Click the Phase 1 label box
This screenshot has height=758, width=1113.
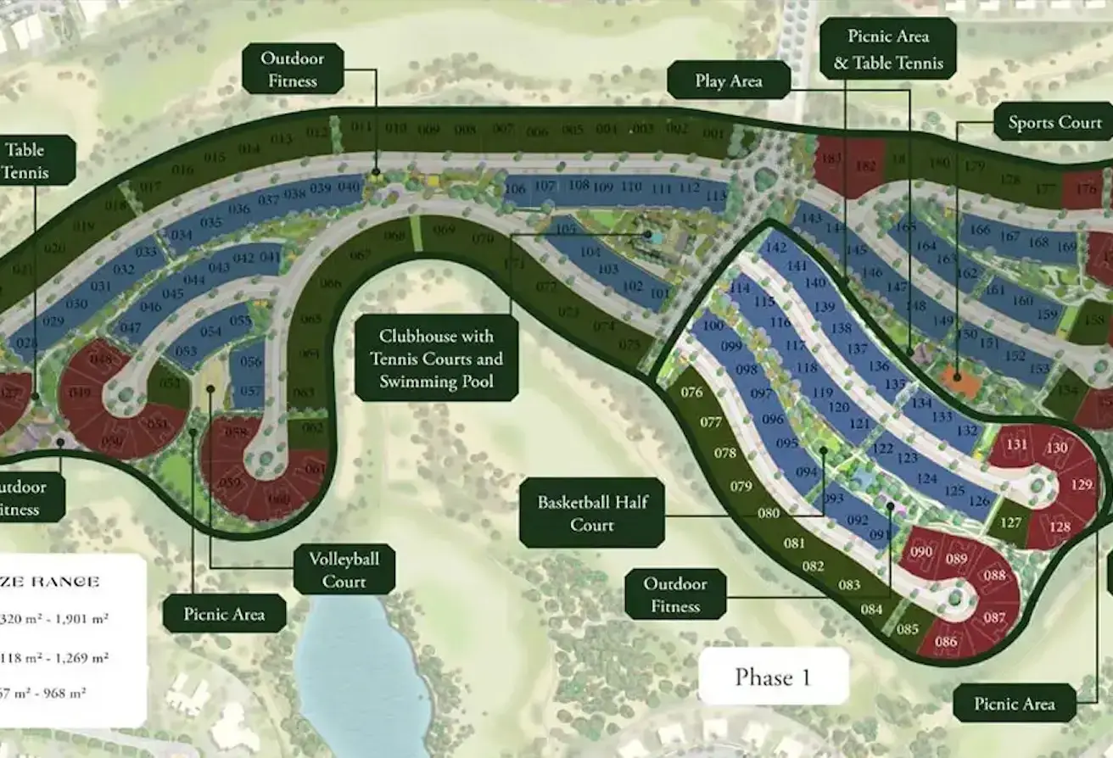773,677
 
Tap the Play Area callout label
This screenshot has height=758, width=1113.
729,81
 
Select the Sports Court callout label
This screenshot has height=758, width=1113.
1054,123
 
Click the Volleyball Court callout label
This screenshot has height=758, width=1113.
344,570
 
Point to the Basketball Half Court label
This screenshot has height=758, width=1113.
591,513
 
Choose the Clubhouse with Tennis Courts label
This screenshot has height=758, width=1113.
436,359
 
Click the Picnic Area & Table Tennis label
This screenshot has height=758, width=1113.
888,49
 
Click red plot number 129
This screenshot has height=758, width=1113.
1082,485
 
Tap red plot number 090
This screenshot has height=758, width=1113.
921,553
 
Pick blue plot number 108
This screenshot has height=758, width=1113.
579,186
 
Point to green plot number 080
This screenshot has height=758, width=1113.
769,513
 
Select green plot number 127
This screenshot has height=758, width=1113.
1010,522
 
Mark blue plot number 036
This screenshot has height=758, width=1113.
239,209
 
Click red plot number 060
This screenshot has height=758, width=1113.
278,499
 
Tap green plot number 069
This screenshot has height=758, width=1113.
443,231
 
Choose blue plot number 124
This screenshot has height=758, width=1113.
927,479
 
